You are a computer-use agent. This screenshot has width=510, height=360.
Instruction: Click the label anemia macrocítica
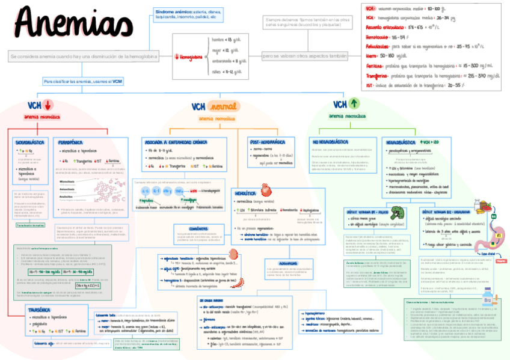tap(349, 117)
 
